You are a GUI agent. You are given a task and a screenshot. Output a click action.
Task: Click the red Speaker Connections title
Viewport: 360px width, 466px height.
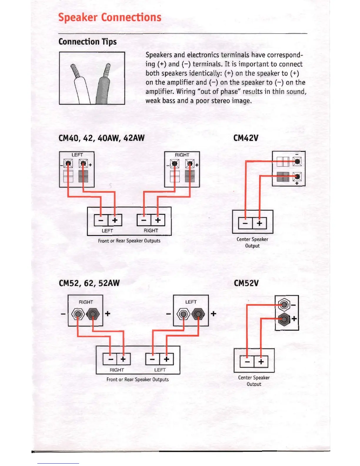click(110, 17)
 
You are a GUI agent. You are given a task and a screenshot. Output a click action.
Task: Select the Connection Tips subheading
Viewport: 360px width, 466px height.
click(87, 42)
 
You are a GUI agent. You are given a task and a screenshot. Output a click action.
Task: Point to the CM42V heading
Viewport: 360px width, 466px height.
click(246, 138)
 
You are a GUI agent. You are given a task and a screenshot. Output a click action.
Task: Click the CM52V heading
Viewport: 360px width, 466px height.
click(246, 283)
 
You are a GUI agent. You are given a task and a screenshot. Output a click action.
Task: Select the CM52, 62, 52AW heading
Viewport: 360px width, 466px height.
click(89, 283)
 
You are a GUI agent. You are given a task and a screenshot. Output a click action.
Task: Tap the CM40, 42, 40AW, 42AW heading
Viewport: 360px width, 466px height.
click(101, 138)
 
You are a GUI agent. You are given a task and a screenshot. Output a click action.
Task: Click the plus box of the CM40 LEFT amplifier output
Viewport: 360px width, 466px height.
click(115, 220)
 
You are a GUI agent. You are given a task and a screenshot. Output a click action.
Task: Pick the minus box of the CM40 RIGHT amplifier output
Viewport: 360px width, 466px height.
click(144, 220)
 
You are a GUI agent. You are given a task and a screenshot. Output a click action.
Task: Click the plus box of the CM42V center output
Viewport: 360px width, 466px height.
click(259, 223)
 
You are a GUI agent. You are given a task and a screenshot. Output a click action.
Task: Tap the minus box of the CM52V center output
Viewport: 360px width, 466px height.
click(247, 361)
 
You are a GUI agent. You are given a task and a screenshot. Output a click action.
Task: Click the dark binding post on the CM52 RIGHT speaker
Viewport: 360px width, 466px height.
click(93, 314)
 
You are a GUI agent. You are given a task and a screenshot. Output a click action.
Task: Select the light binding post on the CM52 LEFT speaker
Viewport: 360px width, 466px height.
click(184, 314)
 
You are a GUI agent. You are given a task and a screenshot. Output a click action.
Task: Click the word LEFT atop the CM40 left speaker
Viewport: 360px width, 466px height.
click(77, 155)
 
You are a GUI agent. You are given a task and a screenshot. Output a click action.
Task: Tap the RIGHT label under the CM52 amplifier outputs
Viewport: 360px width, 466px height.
click(117, 370)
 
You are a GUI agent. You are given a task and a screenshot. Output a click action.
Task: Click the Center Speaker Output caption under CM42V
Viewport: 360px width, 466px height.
click(252, 242)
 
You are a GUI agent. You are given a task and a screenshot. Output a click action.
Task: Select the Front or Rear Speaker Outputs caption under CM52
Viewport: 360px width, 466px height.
click(137, 380)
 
